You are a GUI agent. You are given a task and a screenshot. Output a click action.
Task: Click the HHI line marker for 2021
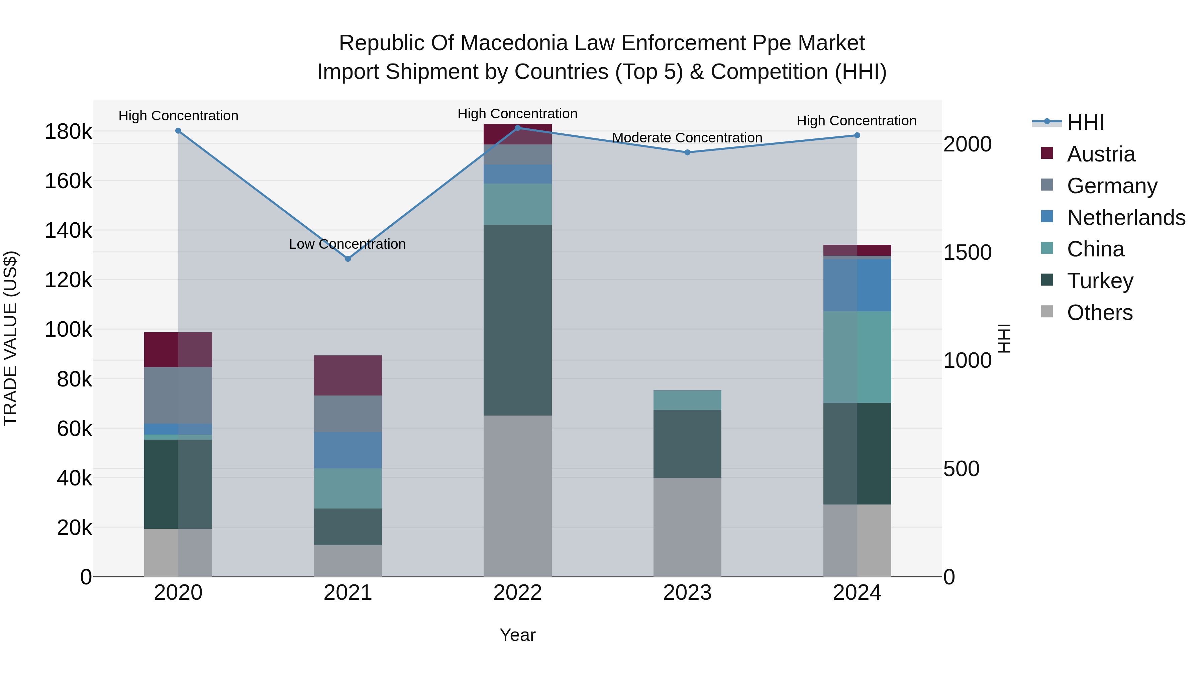point(348,259)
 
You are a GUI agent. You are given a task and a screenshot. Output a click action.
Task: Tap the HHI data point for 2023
point(687,152)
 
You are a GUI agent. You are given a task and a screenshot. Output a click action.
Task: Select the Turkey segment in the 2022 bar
point(517,320)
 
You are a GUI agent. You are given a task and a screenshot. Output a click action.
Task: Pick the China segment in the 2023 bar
point(687,400)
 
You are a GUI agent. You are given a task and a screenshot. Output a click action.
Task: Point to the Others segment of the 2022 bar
point(517,496)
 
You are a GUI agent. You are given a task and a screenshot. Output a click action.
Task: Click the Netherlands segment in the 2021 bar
point(348,450)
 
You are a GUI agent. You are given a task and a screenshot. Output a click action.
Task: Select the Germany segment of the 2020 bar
point(178,395)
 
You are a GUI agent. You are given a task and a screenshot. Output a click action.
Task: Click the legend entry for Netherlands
point(1125,218)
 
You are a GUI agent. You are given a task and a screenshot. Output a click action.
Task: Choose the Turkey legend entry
point(1100,281)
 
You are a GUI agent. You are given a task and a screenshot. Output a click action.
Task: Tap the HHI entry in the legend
point(1085,122)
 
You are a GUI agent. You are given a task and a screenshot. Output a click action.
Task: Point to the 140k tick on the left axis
point(68,230)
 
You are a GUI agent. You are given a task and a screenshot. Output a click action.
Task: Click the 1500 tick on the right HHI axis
point(967,252)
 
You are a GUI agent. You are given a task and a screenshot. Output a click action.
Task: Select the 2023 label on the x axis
point(687,593)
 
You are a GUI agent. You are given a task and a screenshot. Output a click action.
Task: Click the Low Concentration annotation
point(347,244)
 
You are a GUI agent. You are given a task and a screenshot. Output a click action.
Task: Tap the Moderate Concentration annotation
point(687,138)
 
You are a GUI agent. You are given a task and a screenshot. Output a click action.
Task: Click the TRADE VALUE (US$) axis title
point(10,338)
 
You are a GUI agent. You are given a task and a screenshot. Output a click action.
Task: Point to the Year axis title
point(517,635)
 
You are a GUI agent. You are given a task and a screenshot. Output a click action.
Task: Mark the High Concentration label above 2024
point(856,121)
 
